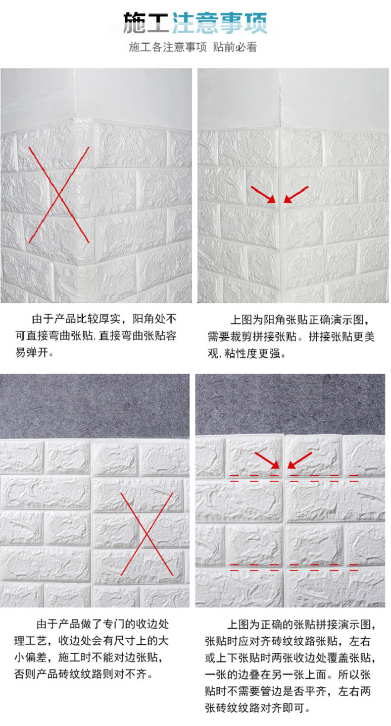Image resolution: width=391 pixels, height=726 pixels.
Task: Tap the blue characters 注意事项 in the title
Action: [220, 22]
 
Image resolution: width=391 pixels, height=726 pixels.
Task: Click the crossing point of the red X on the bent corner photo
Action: [59, 195]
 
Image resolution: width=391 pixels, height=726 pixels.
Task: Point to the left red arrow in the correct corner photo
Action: [263, 194]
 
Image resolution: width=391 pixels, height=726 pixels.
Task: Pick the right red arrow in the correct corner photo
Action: [296, 194]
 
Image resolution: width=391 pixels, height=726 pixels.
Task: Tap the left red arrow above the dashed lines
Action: [267, 459]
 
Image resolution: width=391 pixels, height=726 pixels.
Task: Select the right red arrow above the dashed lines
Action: [299, 459]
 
